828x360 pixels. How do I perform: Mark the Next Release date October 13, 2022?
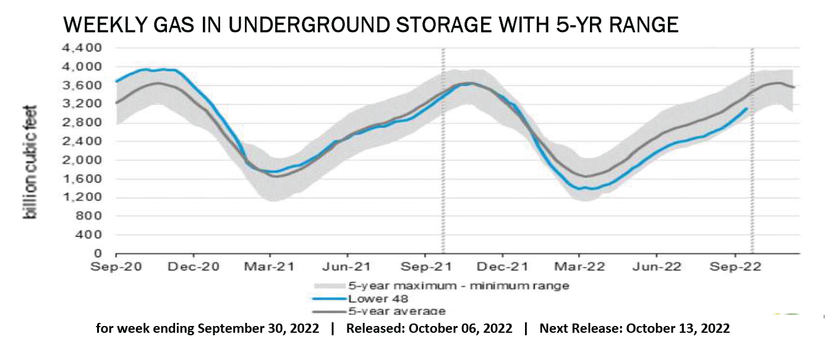tap(678, 329)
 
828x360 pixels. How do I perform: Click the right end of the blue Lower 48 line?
tap(747, 108)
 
